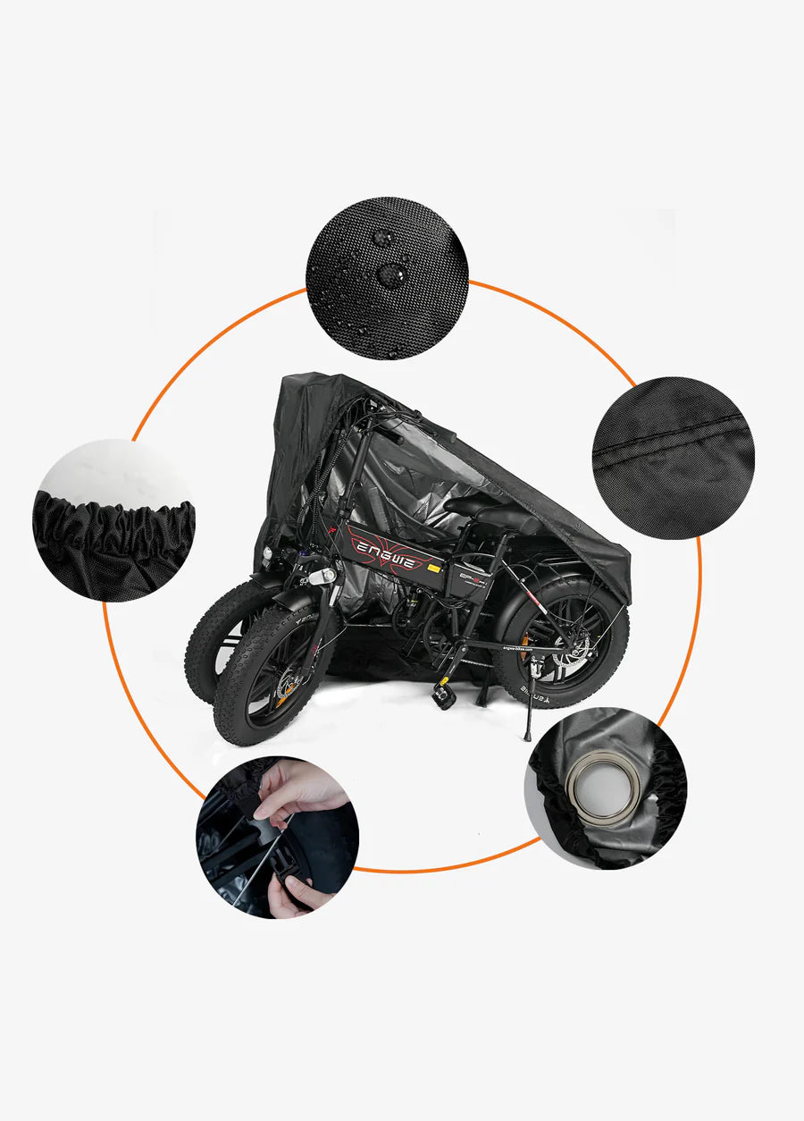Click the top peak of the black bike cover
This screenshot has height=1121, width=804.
point(299,379)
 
